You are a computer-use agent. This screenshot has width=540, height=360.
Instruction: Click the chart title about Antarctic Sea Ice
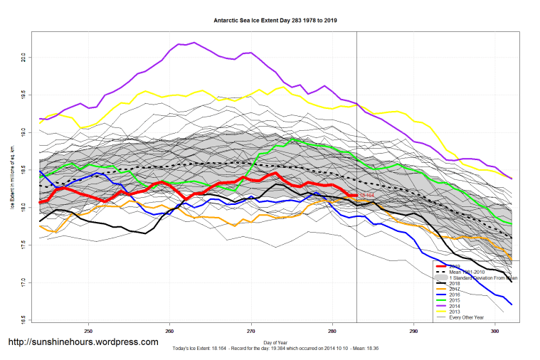click(x=275, y=21)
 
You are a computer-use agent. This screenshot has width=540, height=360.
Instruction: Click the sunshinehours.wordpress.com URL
click(x=83, y=342)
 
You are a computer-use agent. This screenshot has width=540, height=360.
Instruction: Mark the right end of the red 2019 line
click(x=356, y=194)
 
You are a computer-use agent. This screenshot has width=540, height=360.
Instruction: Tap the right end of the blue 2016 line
click(x=512, y=305)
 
